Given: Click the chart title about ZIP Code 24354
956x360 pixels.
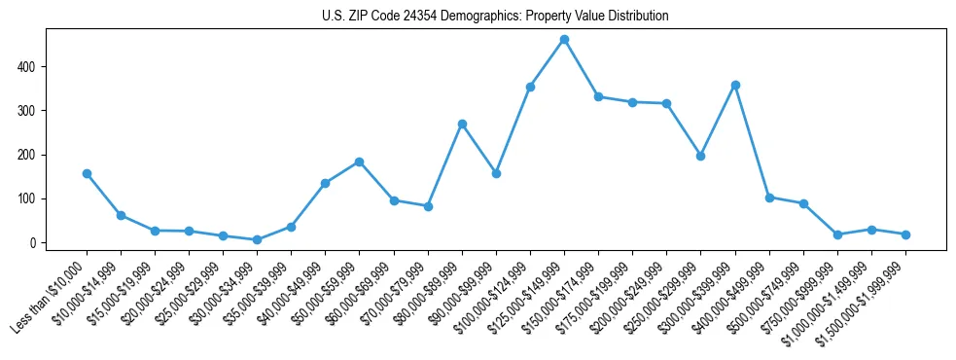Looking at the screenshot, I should tap(495, 17).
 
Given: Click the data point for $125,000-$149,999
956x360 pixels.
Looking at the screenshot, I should tap(564, 40).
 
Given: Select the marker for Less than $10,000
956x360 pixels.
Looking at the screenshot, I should tap(87, 173).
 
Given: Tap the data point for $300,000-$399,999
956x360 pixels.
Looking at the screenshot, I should tap(735, 85).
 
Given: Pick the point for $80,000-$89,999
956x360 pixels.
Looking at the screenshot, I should tap(462, 124).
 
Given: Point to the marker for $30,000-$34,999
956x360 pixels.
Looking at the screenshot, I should tap(257, 239).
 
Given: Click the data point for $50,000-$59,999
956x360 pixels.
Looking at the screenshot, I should tap(360, 162).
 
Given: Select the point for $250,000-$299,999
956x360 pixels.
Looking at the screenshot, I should tap(700, 156).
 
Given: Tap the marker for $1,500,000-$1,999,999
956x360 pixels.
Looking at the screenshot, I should tap(905, 234).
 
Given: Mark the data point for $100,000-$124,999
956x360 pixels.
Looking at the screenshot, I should tap(530, 87).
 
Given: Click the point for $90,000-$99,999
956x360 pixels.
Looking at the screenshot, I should tap(496, 173).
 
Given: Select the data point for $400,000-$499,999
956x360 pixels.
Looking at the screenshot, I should tap(769, 198).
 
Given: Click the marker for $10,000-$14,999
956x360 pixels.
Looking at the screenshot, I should tap(121, 215).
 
